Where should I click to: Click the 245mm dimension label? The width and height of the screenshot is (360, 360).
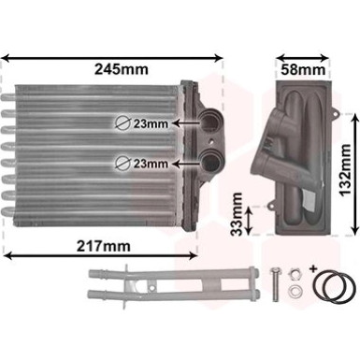(x=122, y=69)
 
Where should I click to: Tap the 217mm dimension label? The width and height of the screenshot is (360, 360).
(x=104, y=247)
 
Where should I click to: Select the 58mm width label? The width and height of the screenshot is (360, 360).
(x=303, y=70)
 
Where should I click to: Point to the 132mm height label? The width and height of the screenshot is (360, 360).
(x=345, y=169)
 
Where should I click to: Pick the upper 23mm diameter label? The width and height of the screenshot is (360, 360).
(x=151, y=124)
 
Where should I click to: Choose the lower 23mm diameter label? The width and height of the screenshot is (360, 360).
(x=151, y=164)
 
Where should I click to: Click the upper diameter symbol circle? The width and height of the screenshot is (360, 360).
(x=122, y=123)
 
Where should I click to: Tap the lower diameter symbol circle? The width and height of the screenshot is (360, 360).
(x=122, y=164)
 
